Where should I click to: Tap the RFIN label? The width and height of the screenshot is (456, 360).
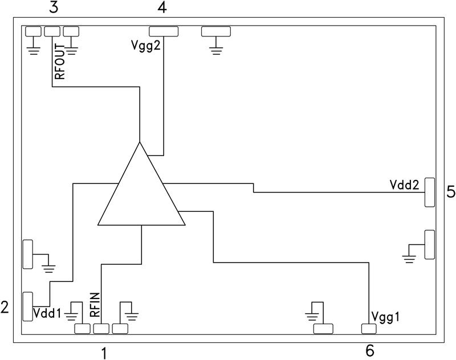[95, 304]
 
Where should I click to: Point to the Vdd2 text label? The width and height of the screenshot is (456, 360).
[405, 185]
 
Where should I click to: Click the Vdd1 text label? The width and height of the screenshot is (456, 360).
[47, 313]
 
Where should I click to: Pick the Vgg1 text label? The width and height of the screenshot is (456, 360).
[386, 316]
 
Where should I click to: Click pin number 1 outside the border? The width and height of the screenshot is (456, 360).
[103, 353]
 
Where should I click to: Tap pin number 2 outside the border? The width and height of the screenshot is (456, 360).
[5, 308]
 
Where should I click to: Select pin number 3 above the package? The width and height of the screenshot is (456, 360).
[53, 8]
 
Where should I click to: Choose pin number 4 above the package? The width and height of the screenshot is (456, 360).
[162, 8]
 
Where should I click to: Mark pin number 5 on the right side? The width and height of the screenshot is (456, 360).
[450, 192]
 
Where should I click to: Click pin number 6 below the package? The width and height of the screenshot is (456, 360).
[370, 349]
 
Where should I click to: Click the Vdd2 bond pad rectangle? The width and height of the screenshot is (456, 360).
[430, 193]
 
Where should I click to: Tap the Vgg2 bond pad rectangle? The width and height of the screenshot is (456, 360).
[164, 31]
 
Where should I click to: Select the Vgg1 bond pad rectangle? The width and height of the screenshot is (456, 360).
[369, 329]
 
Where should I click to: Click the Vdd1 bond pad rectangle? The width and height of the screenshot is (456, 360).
[28, 306]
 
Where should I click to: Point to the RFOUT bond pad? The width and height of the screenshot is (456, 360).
[52, 31]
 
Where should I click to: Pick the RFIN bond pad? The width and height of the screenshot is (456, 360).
[101, 329]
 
